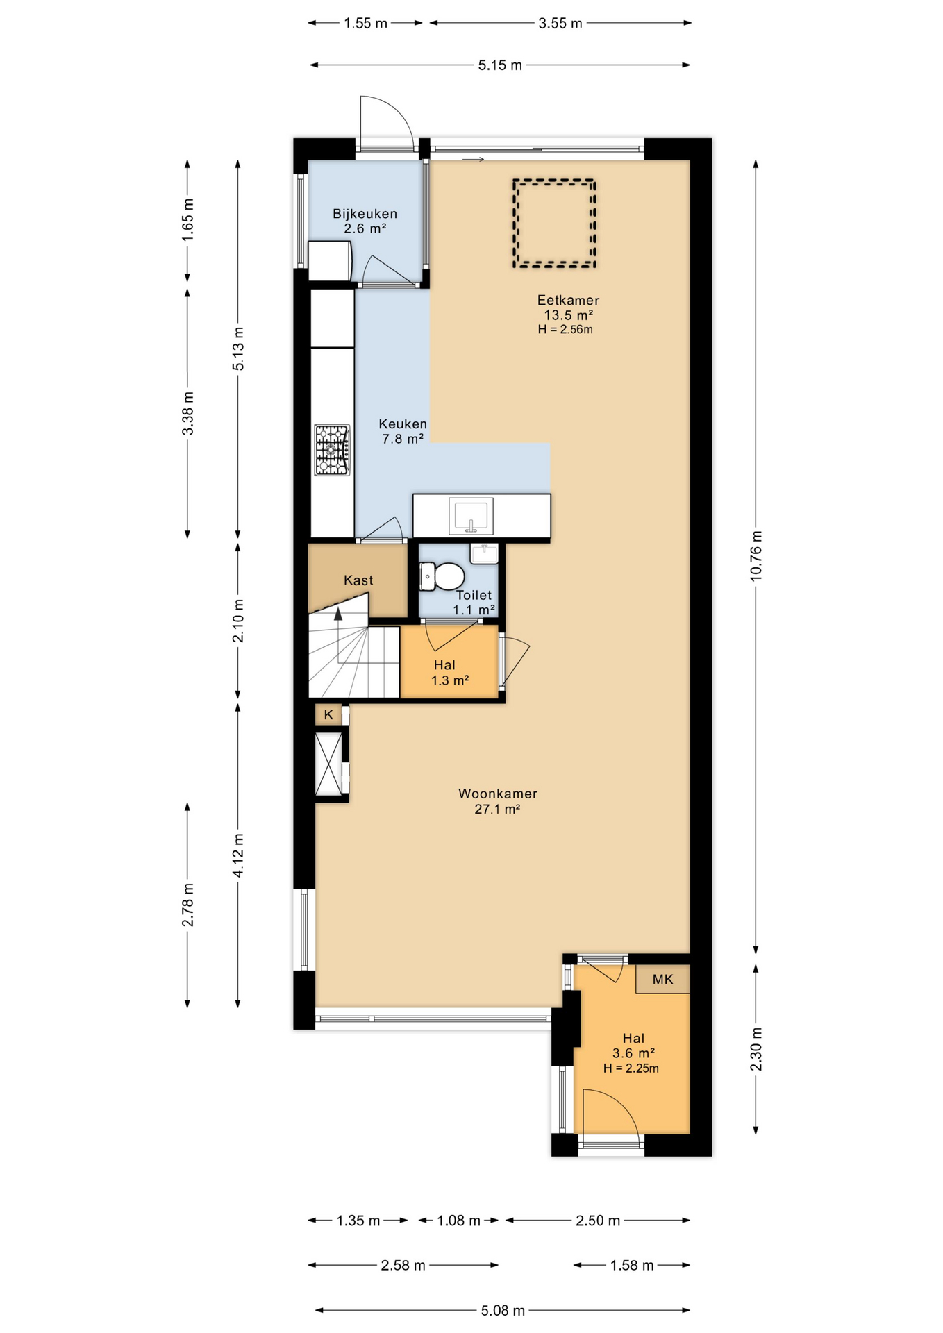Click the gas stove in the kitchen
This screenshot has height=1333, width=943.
tap(333, 450)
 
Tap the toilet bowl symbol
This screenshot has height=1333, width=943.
tap(442, 576)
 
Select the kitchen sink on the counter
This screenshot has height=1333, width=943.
tap(471, 516)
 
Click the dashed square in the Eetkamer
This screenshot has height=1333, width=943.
tap(554, 224)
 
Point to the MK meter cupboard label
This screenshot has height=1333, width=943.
tap(662, 979)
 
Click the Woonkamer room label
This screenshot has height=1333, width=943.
tap(498, 794)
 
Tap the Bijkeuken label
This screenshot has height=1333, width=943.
tap(365, 214)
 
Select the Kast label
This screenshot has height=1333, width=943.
tap(358, 580)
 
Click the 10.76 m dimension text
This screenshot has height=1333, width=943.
tap(756, 555)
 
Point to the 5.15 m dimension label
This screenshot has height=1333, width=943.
tap(500, 65)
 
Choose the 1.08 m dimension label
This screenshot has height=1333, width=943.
tap(458, 1221)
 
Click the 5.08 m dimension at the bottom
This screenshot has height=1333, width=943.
tap(503, 1311)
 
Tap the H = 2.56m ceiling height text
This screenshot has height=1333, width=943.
tap(565, 330)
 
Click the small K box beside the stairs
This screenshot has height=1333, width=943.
tap(328, 714)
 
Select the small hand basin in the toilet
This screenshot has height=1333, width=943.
tap(484, 553)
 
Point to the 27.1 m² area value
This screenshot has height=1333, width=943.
tap(497, 809)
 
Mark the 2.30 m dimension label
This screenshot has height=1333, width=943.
tap(756, 1049)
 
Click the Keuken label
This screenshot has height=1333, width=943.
tap(403, 424)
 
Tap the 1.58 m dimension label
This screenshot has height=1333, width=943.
tap(632, 1266)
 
